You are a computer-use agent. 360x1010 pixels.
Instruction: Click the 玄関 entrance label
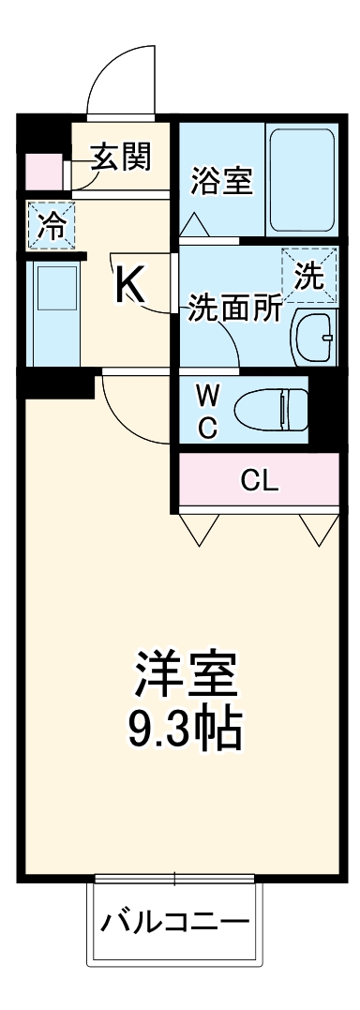point(120,157)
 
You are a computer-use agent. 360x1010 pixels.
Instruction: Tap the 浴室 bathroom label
point(220,180)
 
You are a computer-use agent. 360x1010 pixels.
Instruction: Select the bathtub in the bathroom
point(302,181)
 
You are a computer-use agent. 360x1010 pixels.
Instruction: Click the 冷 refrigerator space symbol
point(51,226)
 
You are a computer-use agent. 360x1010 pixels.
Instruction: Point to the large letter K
point(130,285)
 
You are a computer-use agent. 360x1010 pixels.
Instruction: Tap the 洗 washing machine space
point(308,274)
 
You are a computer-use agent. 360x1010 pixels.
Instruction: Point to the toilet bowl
point(271,409)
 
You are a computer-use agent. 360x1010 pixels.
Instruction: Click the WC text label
point(207,411)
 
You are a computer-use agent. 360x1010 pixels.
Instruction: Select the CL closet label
point(259,482)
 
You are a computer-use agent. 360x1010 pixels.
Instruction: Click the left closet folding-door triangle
point(200,528)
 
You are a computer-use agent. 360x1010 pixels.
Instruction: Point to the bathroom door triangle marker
point(194,226)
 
